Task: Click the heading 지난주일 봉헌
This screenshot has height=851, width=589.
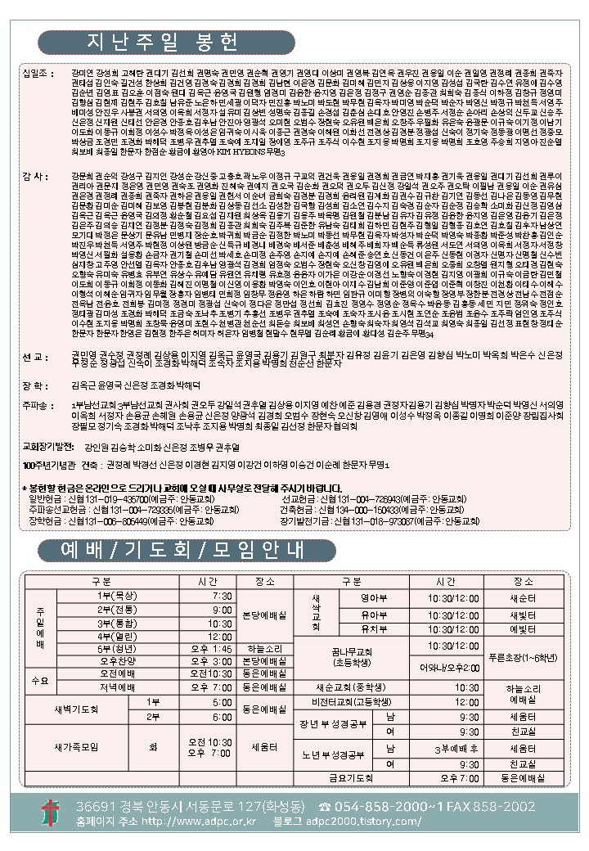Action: coord(144,42)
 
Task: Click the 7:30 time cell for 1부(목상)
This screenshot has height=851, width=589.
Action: coord(200,596)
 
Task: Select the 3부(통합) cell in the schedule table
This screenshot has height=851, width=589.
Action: coord(106,623)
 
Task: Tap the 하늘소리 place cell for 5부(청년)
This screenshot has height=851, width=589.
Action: coord(265,649)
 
